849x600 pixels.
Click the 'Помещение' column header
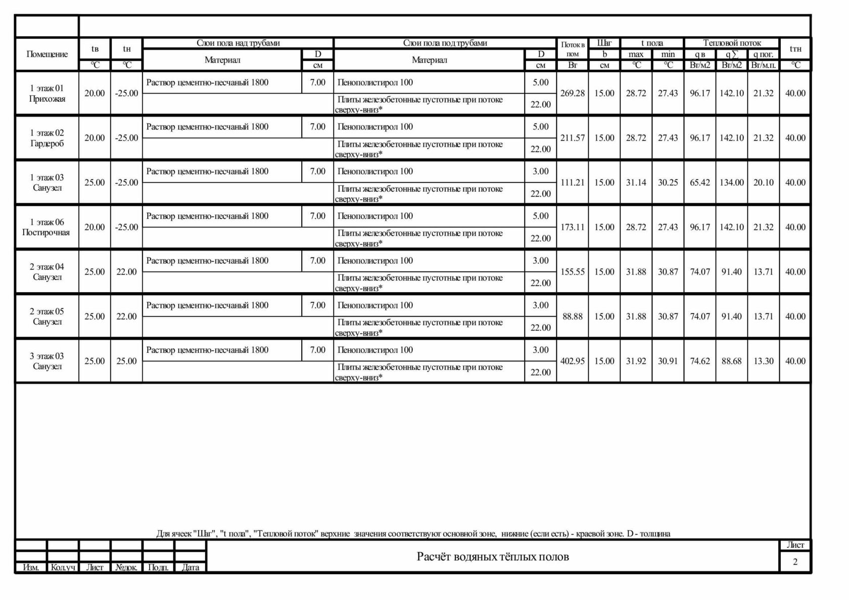pyautogui.click(x=47, y=54)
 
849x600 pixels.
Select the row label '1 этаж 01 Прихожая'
pyautogui.click(x=47, y=94)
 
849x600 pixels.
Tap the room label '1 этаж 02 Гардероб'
pyautogui.click(x=47, y=138)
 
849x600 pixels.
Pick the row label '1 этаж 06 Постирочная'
pyautogui.click(x=46, y=227)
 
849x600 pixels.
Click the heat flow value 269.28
pyautogui.click(x=573, y=94)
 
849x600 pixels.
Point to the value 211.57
pyautogui.click(x=573, y=138)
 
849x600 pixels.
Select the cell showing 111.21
pyautogui.click(x=573, y=182)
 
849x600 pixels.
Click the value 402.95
pyautogui.click(x=573, y=361)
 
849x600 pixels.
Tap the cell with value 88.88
pyautogui.click(x=573, y=316)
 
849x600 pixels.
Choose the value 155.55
pyautogui.click(x=573, y=272)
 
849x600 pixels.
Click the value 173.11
pyautogui.click(x=573, y=227)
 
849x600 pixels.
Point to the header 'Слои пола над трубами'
pyautogui.click(x=238, y=43)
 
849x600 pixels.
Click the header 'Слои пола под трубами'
pyautogui.click(x=445, y=43)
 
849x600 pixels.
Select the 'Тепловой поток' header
pyautogui.click(x=732, y=43)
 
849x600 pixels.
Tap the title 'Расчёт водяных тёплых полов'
pyautogui.click(x=493, y=557)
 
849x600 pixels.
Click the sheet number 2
pyautogui.click(x=795, y=562)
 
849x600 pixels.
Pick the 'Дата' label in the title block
pyautogui.click(x=191, y=568)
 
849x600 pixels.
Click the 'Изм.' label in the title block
pyautogui.click(x=31, y=568)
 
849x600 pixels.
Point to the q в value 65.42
pyautogui.click(x=700, y=182)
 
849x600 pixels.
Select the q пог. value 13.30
pyautogui.click(x=763, y=361)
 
